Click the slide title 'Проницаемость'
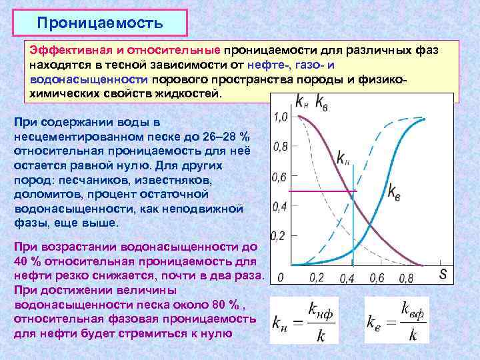click(100, 23)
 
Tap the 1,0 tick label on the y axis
click(281, 117)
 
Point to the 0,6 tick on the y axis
click(281, 177)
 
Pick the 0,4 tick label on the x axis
click(347, 277)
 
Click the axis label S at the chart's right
click(443, 273)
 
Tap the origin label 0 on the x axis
click(281, 277)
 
